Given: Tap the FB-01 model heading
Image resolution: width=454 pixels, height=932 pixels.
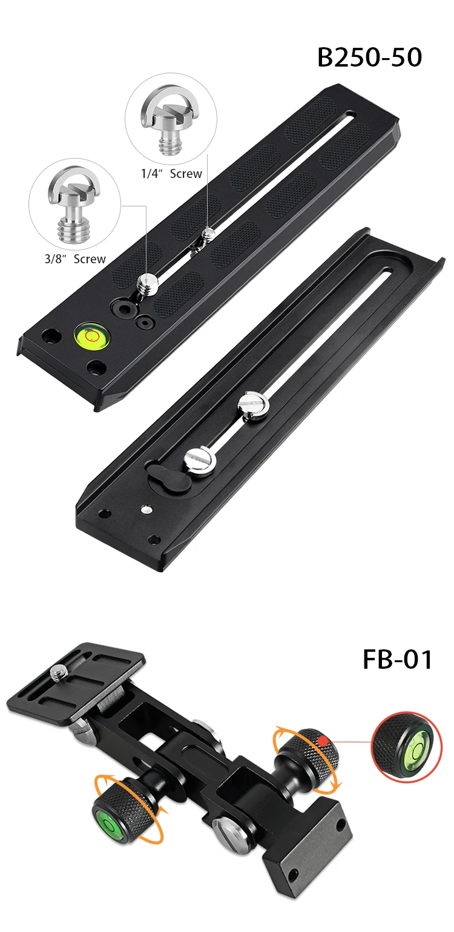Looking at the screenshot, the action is point(398,659).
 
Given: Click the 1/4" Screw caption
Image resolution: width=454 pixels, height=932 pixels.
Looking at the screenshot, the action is point(171,174).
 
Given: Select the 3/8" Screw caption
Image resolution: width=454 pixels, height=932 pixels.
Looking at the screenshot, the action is point(75,259).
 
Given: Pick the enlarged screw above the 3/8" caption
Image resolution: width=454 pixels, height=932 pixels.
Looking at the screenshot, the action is point(74,206).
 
